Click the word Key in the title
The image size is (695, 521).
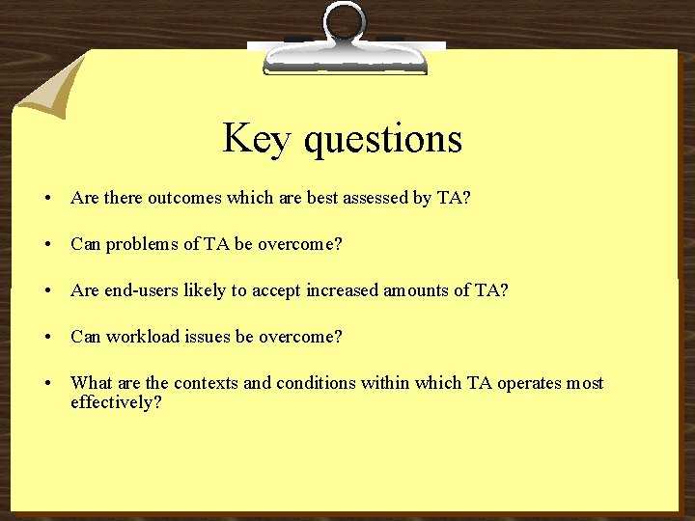[x=258, y=139]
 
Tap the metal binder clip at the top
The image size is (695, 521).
[x=345, y=43]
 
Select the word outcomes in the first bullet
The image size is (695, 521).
[x=184, y=198]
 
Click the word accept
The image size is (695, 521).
[x=275, y=290]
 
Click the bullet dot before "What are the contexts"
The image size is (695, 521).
[x=47, y=384]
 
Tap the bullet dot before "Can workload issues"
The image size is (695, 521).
[x=47, y=338]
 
